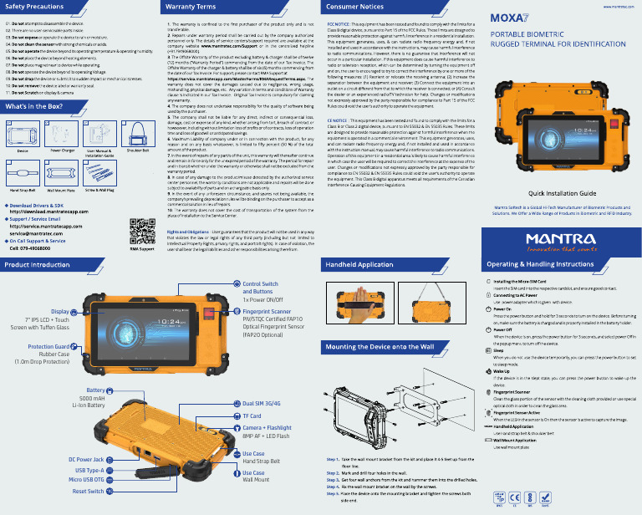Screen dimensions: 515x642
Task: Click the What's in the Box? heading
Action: (x=37, y=107)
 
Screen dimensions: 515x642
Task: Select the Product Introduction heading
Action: (x=38, y=264)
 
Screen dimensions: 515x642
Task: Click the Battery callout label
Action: (x=94, y=390)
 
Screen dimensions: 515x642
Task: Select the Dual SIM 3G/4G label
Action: (x=261, y=403)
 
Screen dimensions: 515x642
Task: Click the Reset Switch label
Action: (x=88, y=492)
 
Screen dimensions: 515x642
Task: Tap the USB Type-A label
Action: (x=88, y=470)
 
